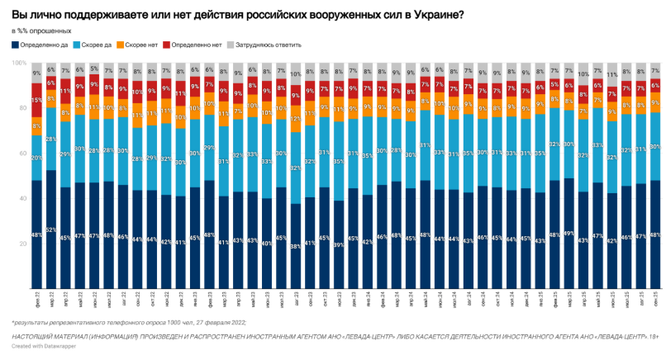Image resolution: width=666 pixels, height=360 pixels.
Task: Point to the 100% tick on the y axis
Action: tap(17, 63)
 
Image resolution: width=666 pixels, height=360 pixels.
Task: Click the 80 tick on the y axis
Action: tap(20, 108)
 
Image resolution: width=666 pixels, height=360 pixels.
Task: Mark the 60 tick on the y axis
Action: tap(20, 154)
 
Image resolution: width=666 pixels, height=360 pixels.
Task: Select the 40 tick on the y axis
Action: tap(20, 199)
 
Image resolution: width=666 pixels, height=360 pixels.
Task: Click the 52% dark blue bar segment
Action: tap(51, 230)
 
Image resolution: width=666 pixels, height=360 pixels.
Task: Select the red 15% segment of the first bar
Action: tap(36, 101)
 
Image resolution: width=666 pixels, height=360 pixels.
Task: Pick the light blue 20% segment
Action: tap(36, 157)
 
